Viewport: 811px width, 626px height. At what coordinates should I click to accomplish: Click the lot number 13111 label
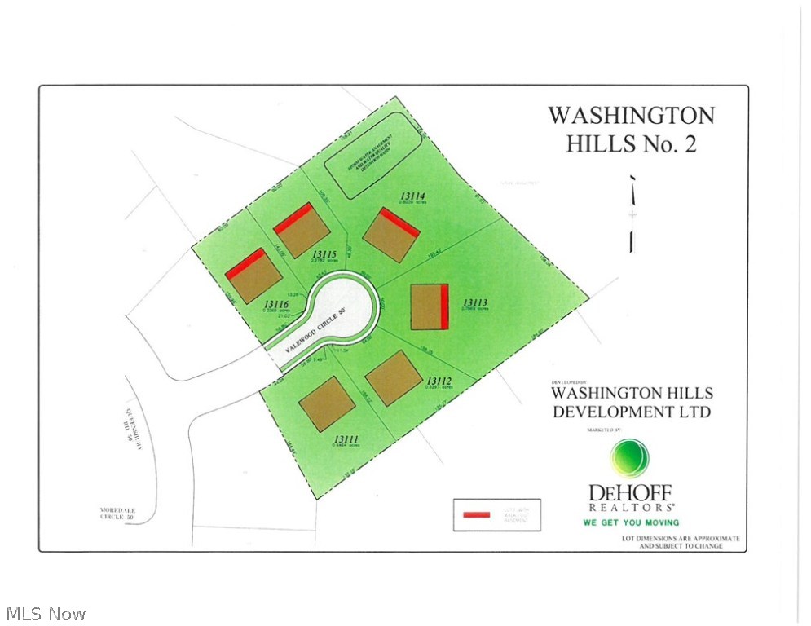pos(346,439)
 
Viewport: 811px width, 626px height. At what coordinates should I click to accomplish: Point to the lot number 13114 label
pos(414,195)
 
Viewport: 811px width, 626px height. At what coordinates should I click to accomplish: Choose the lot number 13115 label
pos(325,254)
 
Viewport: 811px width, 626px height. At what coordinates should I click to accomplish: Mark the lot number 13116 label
pos(272,302)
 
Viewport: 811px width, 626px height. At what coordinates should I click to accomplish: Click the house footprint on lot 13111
pos(327,403)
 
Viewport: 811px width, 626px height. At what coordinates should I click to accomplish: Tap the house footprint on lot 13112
pos(393,377)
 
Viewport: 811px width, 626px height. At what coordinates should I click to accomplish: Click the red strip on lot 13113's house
pos(444,306)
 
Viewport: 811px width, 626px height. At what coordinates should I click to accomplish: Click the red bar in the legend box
pos(476,514)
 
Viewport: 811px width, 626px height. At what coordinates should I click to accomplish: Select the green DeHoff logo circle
pos(630,457)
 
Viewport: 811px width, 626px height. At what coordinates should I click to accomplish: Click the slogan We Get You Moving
pos(631,522)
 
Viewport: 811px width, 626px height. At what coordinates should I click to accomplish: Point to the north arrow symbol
pos(632,214)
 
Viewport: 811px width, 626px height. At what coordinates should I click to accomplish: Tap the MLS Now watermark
pos(45,613)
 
